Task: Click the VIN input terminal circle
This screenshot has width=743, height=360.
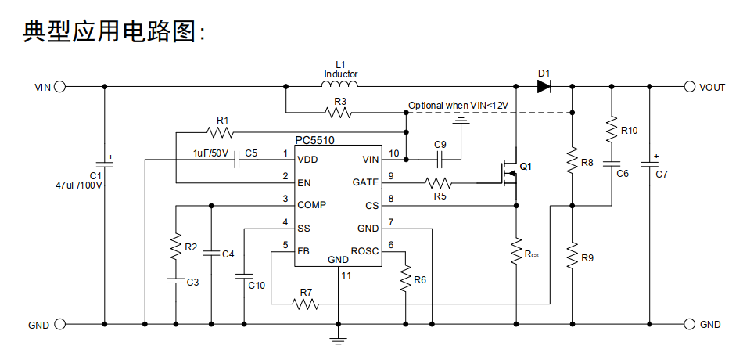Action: tap(59, 87)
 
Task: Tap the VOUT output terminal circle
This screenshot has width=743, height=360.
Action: tap(690, 87)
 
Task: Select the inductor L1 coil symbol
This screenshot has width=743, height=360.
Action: tap(340, 85)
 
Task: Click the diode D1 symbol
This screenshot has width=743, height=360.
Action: tap(544, 87)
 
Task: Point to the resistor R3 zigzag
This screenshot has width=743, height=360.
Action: tap(339, 113)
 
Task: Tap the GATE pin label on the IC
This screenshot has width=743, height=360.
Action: tap(365, 182)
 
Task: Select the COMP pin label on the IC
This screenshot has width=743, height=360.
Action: tap(311, 205)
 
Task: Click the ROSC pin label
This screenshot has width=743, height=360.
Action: tap(365, 250)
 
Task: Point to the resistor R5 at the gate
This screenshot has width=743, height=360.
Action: tap(438, 183)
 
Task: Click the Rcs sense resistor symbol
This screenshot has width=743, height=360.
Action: tap(516, 252)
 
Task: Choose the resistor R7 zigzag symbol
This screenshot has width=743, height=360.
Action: tap(307, 304)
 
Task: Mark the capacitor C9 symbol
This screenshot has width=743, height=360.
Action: tap(440, 160)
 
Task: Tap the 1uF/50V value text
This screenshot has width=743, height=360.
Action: tap(210, 153)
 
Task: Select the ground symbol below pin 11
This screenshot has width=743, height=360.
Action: tap(338, 339)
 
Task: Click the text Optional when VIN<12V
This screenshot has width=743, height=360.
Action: tap(458, 105)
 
